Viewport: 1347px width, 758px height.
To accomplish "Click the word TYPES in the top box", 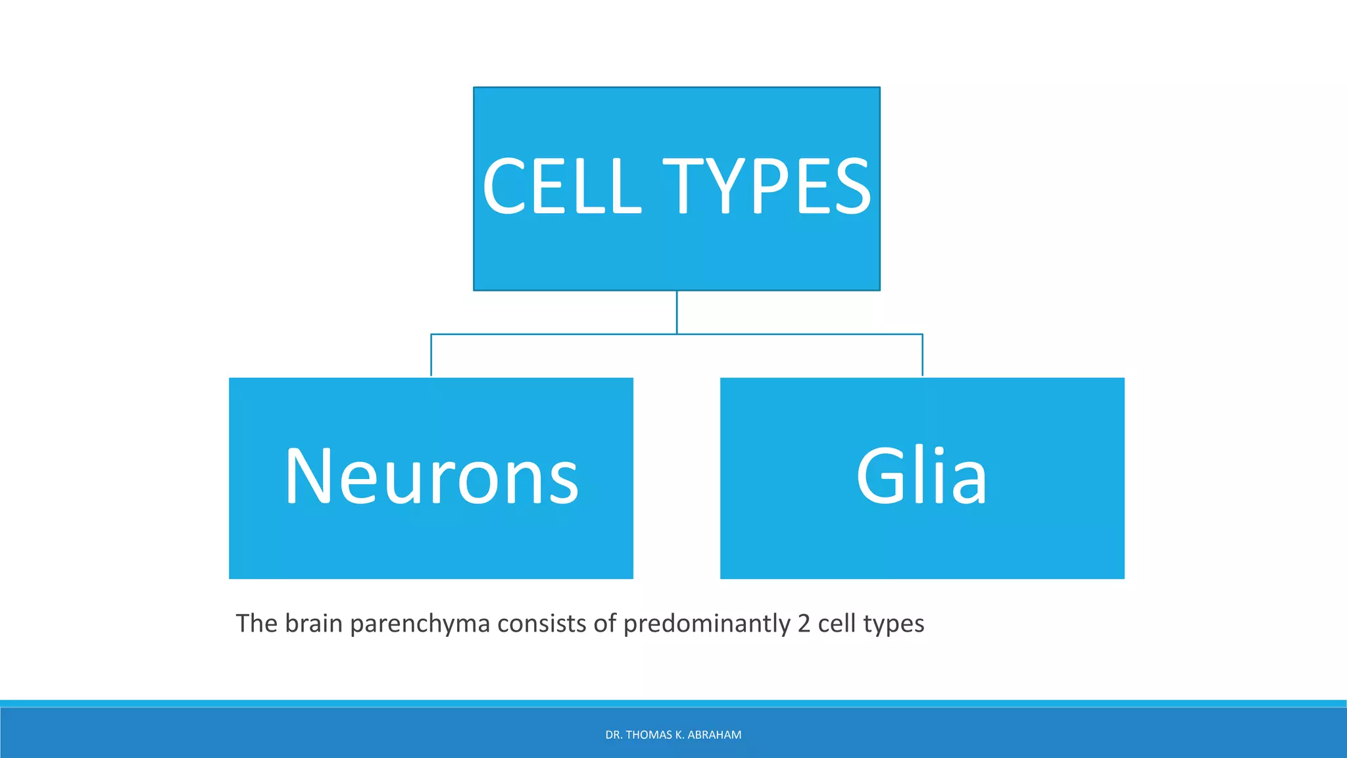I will point(767,187).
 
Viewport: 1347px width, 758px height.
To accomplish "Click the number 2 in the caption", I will point(804,624).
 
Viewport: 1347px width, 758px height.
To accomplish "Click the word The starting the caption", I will point(257,623).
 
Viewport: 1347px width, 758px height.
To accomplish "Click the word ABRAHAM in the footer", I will point(714,735).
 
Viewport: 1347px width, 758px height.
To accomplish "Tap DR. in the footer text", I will point(613,735).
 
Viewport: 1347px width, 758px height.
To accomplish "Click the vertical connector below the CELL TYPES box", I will point(677,312).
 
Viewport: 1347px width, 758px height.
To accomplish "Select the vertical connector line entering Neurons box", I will point(431,355).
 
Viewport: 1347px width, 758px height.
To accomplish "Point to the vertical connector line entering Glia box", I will point(922,355).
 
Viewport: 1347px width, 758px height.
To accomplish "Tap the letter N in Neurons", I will point(308,475).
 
